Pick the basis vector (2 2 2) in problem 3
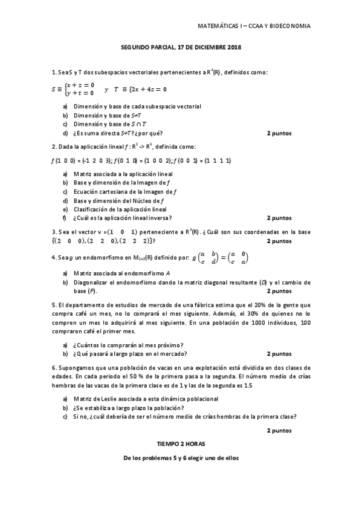(x=142, y=240)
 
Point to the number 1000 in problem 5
(x=251, y=323)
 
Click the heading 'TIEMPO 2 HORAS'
(x=181, y=443)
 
